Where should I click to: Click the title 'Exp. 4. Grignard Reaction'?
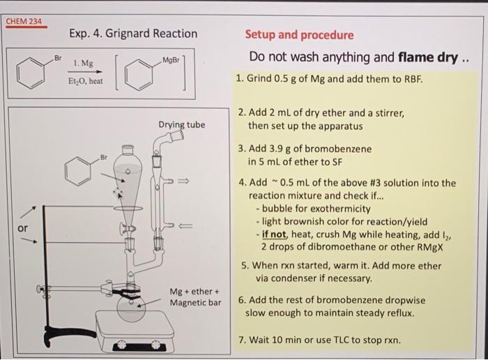tap(133, 33)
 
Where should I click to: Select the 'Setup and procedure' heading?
tap(299, 35)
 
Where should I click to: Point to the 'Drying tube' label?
tap(181, 125)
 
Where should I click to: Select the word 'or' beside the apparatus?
tap(23, 227)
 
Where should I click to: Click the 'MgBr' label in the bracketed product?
tap(170, 61)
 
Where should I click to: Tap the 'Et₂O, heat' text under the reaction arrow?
tap(86, 82)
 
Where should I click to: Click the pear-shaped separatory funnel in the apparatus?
tap(127, 177)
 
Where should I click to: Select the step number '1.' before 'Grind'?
tap(241, 78)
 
